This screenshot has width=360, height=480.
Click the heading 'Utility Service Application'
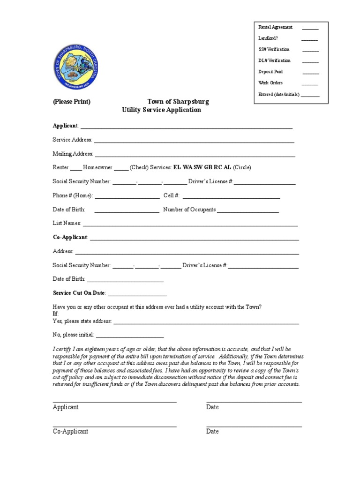click(x=161, y=110)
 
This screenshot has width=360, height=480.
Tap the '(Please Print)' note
click(x=71, y=102)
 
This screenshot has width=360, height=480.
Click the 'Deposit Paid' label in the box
click(x=270, y=72)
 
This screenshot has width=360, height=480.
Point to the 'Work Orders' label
click(x=270, y=83)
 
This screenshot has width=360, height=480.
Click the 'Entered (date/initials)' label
click(x=279, y=94)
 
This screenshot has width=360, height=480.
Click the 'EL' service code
click(x=177, y=167)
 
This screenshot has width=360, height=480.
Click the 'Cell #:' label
click(x=172, y=195)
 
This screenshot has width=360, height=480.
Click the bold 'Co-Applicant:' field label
click(x=70, y=238)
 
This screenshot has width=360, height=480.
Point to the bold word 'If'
click(x=55, y=314)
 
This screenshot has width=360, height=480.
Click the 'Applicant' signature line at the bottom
click(x=114, y=401)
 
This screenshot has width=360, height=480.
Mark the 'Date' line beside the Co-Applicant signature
click(x=254, y=426)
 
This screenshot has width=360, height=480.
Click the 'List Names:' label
click(x=67, y=224)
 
